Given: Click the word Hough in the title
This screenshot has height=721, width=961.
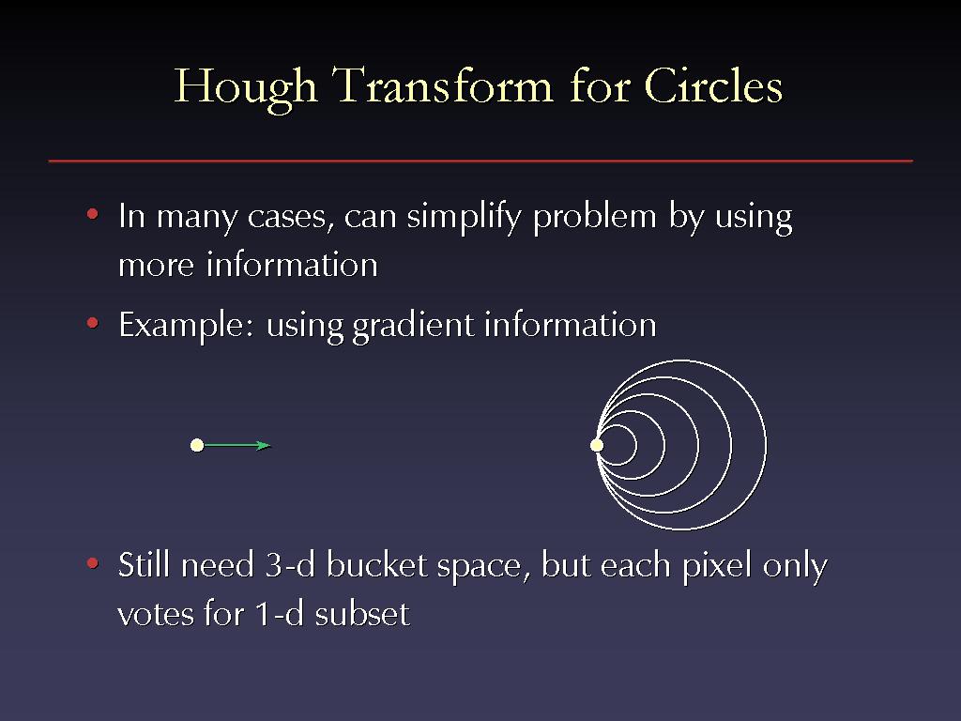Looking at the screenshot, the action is point(245,87).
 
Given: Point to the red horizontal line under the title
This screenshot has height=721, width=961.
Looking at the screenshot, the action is point(480,161).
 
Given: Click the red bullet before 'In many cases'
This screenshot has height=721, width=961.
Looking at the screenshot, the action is point(93,214).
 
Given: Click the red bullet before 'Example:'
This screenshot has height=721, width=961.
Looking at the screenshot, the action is point(93,323).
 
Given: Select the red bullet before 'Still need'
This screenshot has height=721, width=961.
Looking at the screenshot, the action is point(93,562).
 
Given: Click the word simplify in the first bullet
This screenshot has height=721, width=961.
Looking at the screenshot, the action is point(464,218).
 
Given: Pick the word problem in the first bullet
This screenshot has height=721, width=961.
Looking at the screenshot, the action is point(594,218).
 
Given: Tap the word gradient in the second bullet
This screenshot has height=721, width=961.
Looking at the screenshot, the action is point(413,326).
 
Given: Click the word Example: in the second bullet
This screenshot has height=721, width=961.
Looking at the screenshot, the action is point(186,326).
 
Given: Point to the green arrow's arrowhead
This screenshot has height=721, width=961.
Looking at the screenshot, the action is point(264,445).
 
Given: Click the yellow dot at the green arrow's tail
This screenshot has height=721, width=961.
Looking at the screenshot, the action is point(197,445).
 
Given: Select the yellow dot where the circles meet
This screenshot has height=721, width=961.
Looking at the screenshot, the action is point(597,445).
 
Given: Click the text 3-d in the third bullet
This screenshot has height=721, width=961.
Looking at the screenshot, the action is point(290,564).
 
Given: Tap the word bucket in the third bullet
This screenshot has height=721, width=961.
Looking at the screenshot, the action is point(376,564).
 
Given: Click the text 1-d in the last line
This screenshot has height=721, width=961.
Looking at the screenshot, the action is point(279,613).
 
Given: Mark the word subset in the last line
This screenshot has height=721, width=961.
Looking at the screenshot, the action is point(361,613).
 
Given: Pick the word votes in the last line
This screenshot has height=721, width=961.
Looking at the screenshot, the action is point(155,614).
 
